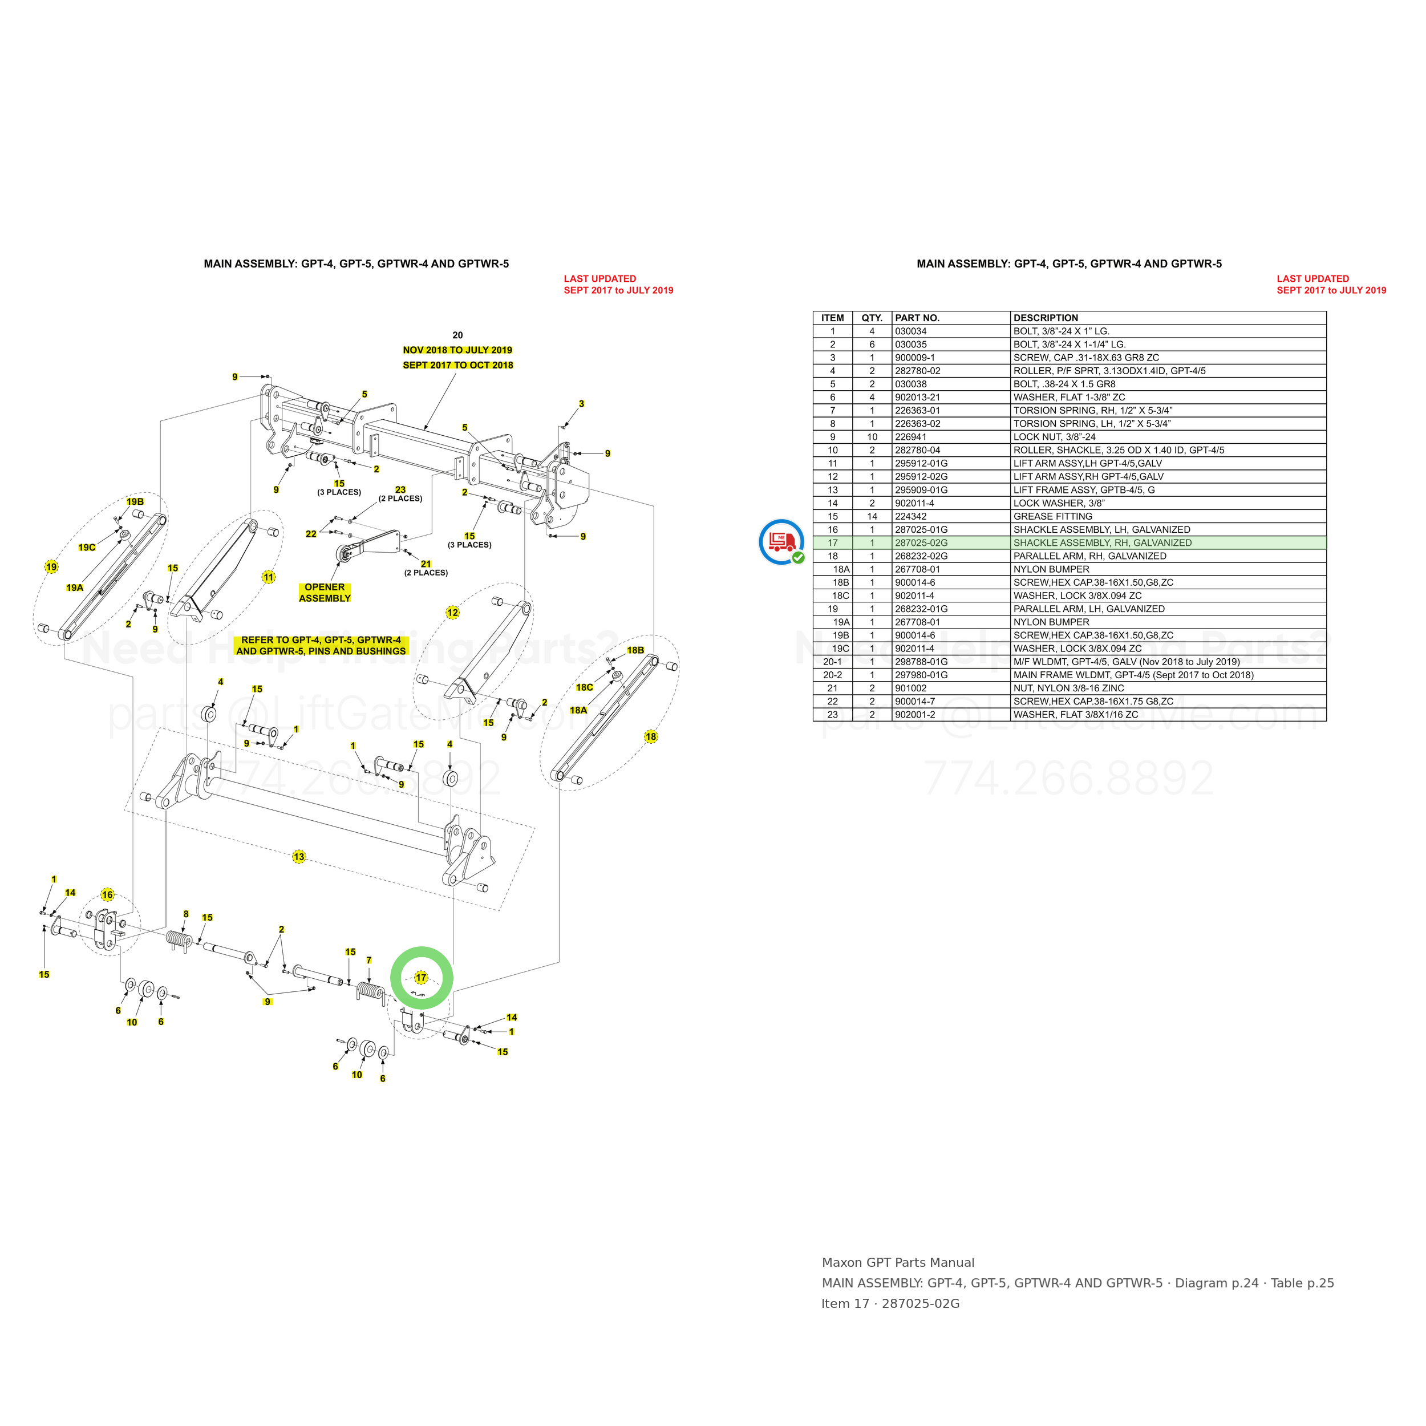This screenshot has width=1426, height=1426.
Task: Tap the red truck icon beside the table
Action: (x=781, y=542)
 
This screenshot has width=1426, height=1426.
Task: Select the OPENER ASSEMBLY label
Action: (x=325, y=593)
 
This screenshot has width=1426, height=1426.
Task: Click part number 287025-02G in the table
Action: (x=921, y=542)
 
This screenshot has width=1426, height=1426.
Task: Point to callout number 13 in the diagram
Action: (x=299, y=857)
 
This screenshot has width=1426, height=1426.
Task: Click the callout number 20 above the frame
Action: (x=457, y=335)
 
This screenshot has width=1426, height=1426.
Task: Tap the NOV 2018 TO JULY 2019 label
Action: (x=457, y=350)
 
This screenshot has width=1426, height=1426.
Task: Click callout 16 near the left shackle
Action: (x=108, y=894)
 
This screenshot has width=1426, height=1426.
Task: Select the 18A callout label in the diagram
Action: (x=578, y=710)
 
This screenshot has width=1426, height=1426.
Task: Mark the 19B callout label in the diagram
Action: (x=135, y=502)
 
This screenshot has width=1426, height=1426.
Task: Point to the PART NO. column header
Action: (x=917, y=318)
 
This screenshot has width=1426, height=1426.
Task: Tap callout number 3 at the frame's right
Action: (x=582, y=404)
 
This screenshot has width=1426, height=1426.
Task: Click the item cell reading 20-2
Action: (x=833, y=675)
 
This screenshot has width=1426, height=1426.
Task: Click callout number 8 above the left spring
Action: (x=186, y=914)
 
